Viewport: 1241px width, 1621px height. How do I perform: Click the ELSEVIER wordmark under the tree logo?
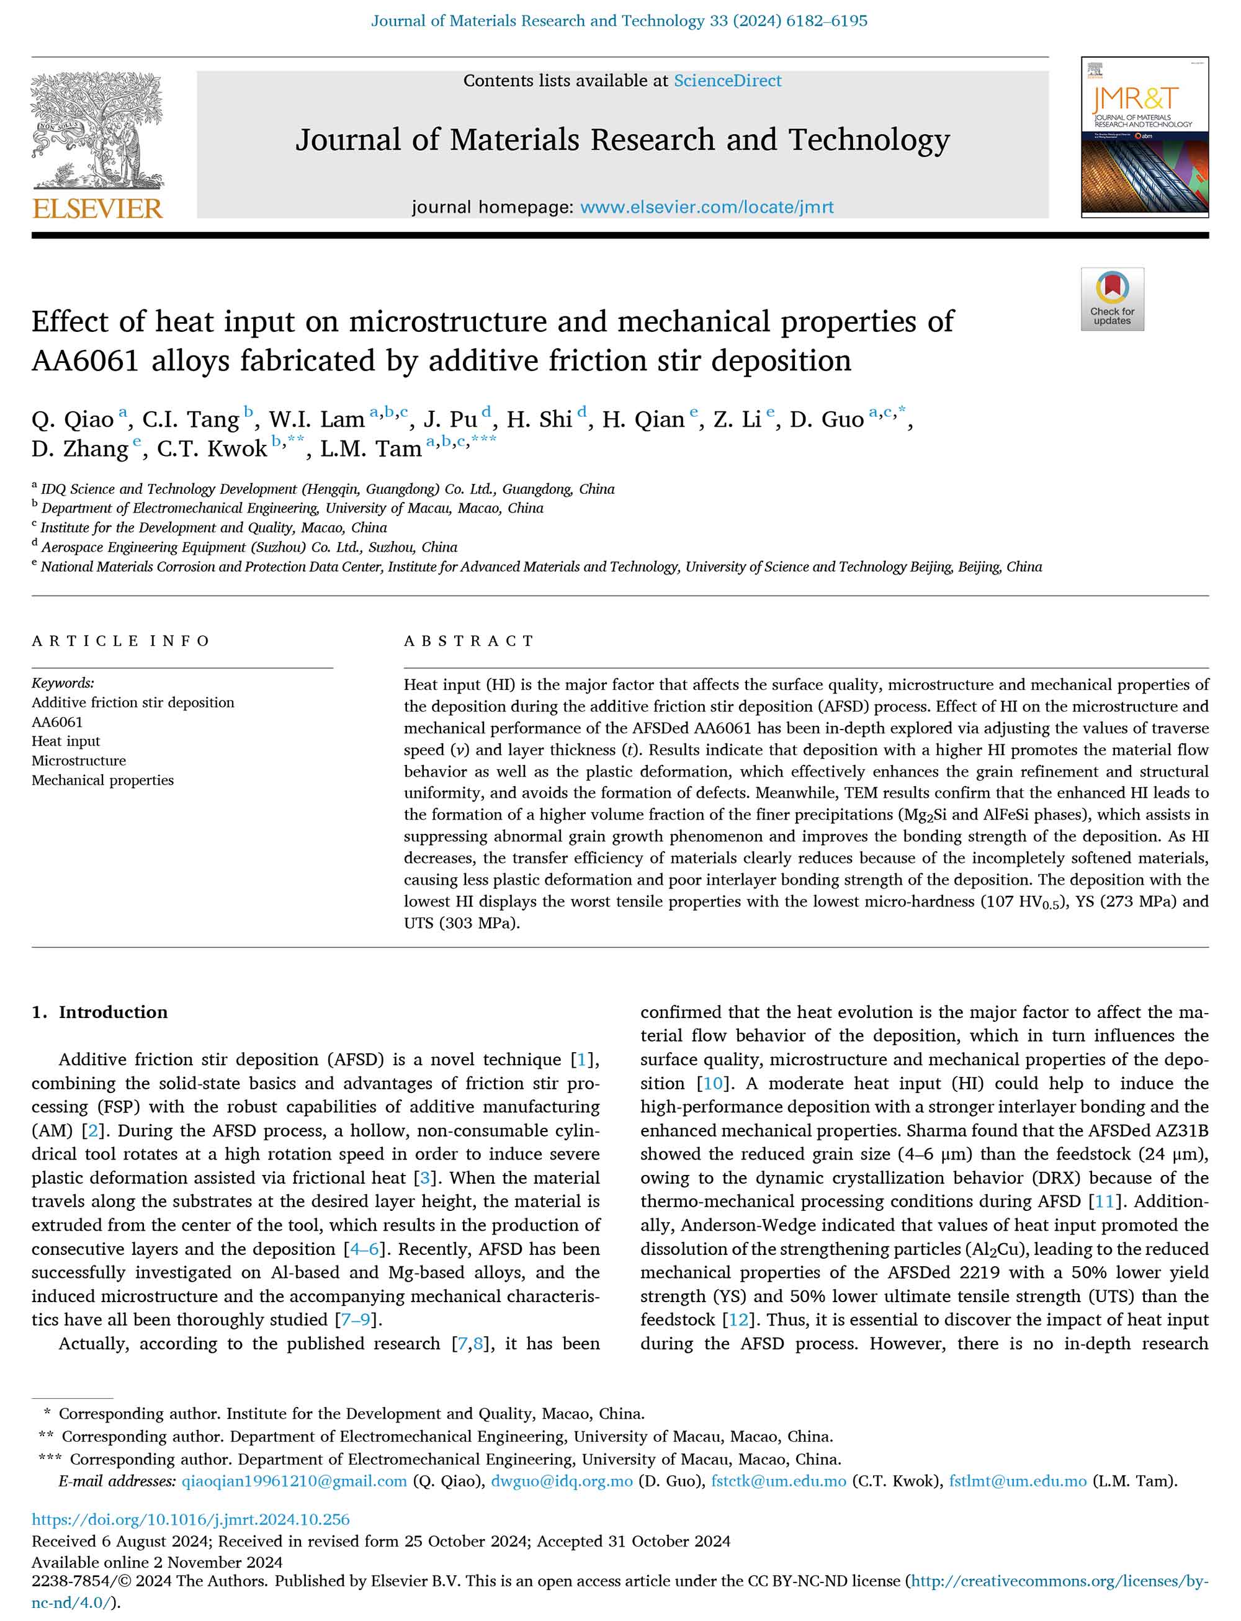tap(97, 209)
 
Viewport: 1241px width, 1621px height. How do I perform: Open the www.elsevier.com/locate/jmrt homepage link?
tap(706, 208)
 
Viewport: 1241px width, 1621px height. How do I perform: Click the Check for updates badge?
tap(1112, 299)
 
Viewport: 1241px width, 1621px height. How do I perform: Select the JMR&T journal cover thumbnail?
tap(1144, 137)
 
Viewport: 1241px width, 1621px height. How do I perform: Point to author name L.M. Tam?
tap(370, 449)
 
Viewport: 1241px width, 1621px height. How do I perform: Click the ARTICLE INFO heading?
tap(120, 641)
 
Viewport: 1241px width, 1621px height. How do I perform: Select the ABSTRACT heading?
tap(468, 641)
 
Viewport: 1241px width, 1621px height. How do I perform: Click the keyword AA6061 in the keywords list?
tap(57, 721)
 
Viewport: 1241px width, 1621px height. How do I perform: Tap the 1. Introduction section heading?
tap(99, 1012)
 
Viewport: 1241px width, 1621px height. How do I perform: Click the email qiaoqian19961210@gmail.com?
tap(294, 1481)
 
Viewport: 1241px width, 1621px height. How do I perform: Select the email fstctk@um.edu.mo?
tap(779, 1481)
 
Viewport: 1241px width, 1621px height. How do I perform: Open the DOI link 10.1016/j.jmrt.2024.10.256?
tap(190, 1519)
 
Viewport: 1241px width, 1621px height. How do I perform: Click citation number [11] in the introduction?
tap(1104, 1202)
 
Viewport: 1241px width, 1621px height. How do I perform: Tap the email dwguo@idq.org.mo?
tap(562, 1481)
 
